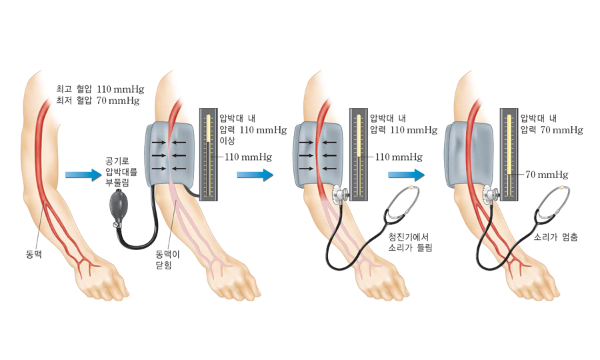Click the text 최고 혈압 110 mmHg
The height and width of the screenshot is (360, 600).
[x=100, y=89]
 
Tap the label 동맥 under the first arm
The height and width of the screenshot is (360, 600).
[x=33, y=254]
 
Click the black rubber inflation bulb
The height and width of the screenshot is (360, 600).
[x=121, y=207]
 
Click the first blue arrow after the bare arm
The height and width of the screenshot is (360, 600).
[x=83, y=175]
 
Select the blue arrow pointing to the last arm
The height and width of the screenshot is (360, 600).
[x=406, y=175]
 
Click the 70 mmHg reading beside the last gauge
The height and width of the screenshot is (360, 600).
[x=547, y=175]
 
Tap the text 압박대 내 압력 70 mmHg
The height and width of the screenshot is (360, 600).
[x=551, y=124]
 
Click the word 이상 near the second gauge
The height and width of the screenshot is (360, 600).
[x=228, y=141]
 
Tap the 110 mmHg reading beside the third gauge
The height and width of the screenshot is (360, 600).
[x=399, y=157]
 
